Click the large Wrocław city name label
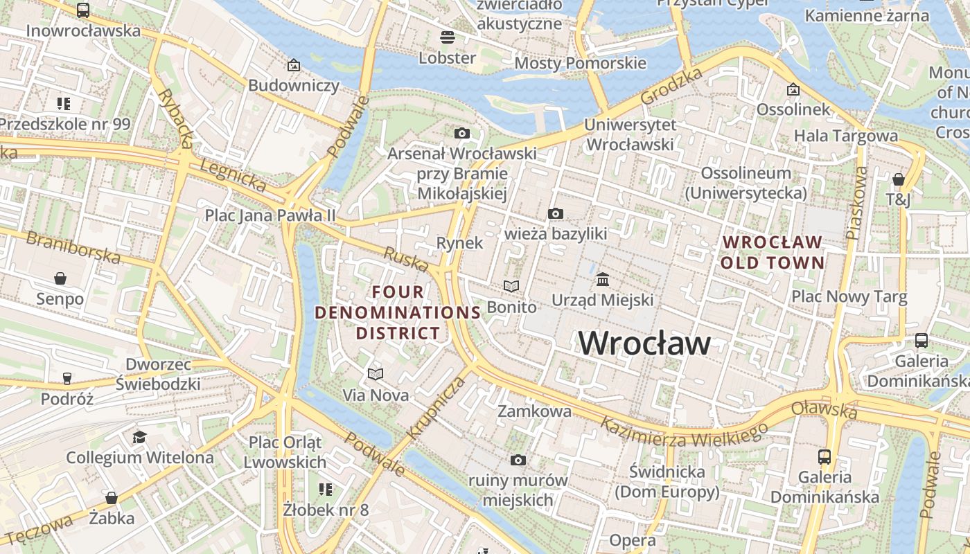(644, 343)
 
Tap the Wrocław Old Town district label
(773, 253)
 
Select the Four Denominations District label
(398, 312)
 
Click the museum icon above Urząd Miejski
(603, 280)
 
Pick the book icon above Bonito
(511, 286)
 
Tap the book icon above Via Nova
(376, 375)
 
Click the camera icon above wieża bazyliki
(555, 213)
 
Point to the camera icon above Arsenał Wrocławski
(462, 133)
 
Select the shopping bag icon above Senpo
(60, 278)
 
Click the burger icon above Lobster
(448, 37)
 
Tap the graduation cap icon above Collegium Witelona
(140, 437)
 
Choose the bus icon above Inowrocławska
(83, 10)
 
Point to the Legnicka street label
(233, 175)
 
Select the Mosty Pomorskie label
(580, 64)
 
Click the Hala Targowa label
(845, 136)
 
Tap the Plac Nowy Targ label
(849, 297)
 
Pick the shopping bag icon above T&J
(899, 180)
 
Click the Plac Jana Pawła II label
(270, 215)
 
